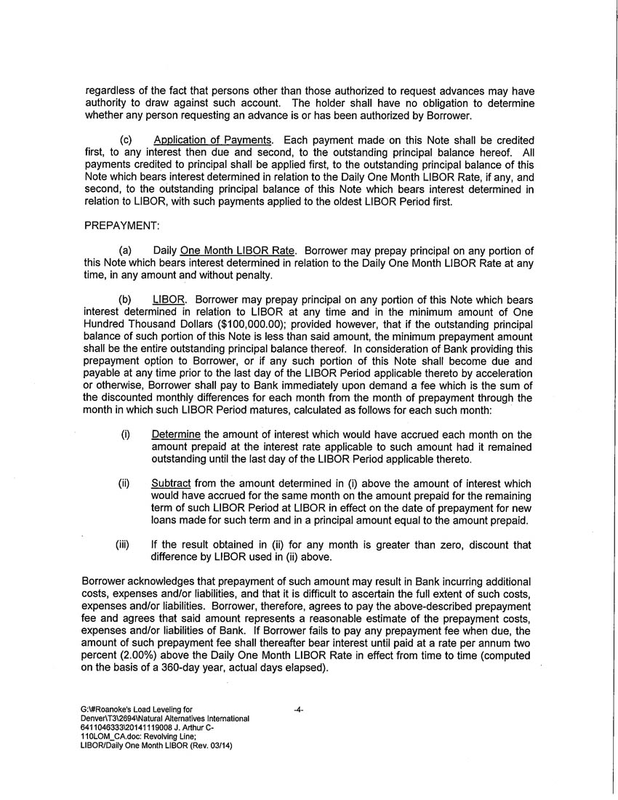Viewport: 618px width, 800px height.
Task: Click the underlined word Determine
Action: (x=175, y=435)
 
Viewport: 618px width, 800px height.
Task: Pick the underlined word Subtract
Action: (x=172, y=484)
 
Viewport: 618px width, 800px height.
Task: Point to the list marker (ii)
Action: (x=124, y=484)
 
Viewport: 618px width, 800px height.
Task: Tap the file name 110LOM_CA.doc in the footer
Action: (x=117, y=737)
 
